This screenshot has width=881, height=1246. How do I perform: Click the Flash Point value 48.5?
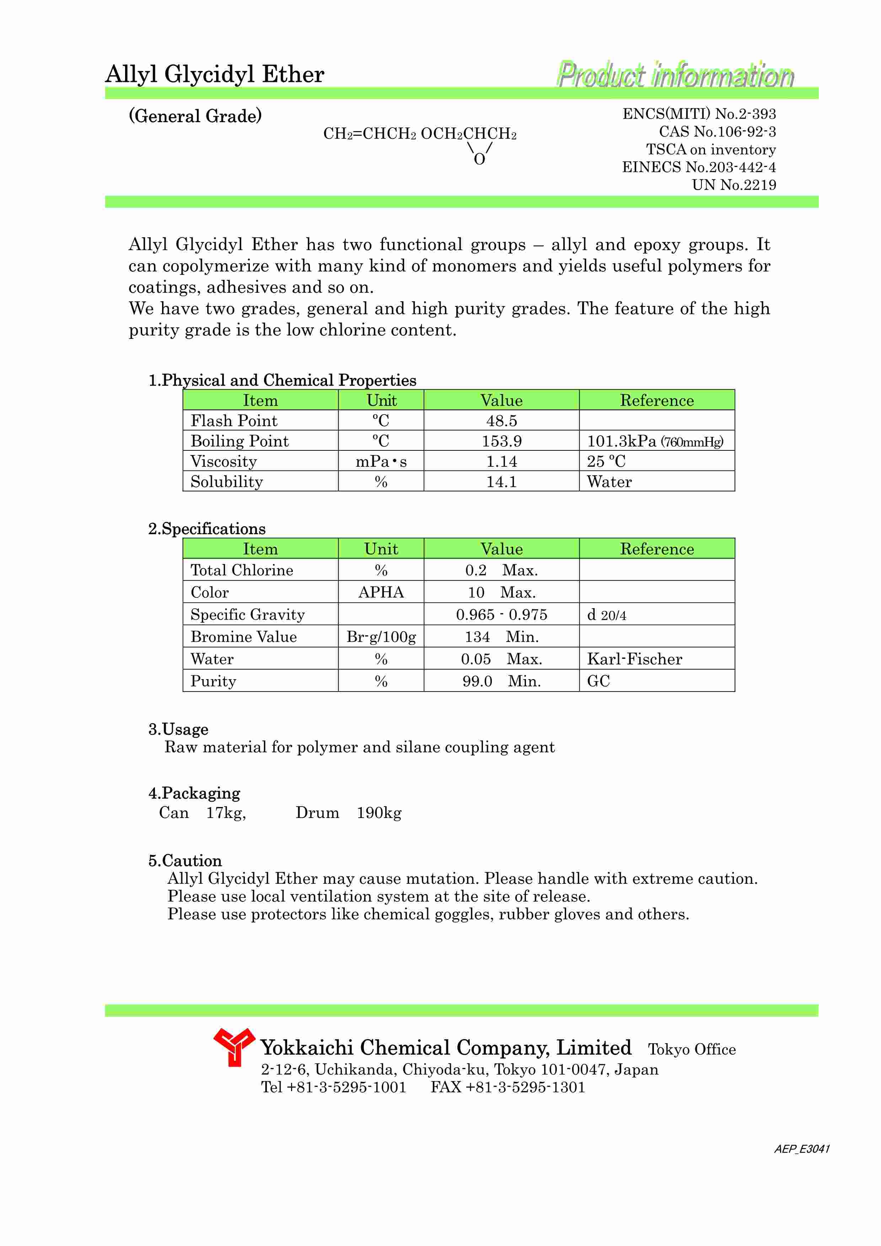[501, 421]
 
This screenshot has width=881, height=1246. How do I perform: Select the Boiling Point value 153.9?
[501, 441]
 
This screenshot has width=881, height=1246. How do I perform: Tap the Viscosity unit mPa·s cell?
[381, 461]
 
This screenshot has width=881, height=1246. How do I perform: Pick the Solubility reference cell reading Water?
[609, 481]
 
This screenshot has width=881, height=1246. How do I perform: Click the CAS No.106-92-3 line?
[717, 132]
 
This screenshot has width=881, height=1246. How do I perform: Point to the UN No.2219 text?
[734, 185]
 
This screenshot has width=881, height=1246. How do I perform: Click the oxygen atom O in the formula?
[479, 159]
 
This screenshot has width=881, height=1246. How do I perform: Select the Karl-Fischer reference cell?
[634, 659]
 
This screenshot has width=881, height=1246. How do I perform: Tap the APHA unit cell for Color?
[381, 592]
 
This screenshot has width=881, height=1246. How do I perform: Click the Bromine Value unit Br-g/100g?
[381, 636]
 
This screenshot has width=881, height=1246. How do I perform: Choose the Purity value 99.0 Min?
[501, 681]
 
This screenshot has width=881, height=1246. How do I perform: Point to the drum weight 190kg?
[379, 812]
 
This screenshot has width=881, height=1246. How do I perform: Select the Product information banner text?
[675, 75]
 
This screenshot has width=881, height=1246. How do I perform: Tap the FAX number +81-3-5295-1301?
[524, 1087]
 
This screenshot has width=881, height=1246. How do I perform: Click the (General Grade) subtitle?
[195, 115]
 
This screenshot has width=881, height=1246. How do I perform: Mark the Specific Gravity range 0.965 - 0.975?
[501, 614]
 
